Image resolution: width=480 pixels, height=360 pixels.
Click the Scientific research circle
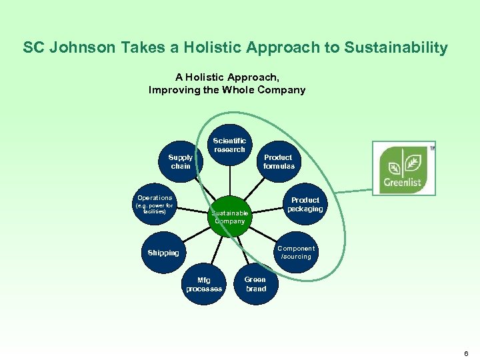tap(229, 145)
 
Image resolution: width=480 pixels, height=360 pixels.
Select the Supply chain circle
tap(181, 162)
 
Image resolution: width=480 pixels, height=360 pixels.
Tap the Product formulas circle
tap(278, 162)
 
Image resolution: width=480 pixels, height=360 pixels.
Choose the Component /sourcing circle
tap(295, 253)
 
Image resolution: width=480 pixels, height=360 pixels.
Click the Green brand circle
tap(255, 284)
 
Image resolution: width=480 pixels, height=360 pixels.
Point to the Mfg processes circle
tap(204, 285)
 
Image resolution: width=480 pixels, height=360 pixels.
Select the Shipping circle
tap(163, 253)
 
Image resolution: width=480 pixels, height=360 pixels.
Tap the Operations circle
tap(155, 203)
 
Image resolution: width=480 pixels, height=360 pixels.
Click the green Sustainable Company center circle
tap(230, 217)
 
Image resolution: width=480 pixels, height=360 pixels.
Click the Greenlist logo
tap(403, 168)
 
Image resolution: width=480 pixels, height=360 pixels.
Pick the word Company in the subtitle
tap(283, 89)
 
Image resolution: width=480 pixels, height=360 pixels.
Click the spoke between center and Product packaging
tap(267, 211)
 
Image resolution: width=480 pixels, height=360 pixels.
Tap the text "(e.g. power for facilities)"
tap(154, 209)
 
